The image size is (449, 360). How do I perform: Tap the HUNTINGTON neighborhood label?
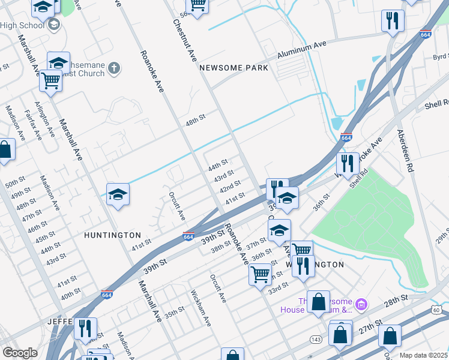[x=112, y=235]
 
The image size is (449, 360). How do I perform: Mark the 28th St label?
[x=396, y=297]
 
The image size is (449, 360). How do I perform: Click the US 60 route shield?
[x=436, y=310]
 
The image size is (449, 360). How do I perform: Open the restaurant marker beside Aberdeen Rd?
[x=393, y=21]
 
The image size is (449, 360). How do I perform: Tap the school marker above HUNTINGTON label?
[x=118, y=194]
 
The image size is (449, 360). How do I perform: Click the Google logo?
[x=20, y=353]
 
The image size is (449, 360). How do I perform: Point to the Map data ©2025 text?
[x=423, y=355]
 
